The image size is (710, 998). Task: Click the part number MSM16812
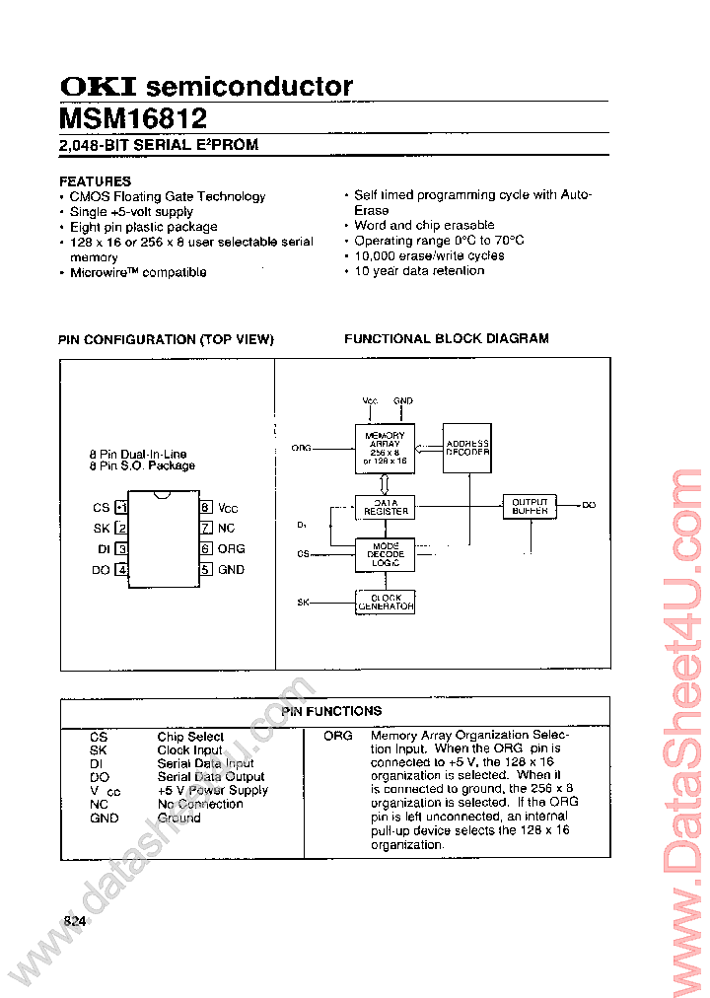(x=133, y=118)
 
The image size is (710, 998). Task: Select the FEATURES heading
(x=95, y=181)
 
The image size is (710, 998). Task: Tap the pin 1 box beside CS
(x=121, y=508)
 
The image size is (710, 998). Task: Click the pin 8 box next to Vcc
(x=205, y=508)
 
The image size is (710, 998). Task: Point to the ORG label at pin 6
(x=232, y=548)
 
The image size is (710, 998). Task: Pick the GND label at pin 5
(x=232, y=569)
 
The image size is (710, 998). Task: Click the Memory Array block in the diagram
(x=385, y=449)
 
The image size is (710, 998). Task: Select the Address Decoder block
(x=466, y=448)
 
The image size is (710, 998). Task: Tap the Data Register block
(x=386, y=507)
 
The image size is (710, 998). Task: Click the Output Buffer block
(x=530, y=506)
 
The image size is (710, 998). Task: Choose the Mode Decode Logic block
(x=385, y=554)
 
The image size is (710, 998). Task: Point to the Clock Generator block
(x=385, y=602)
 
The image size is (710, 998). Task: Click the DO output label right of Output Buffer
(x=589, y=505)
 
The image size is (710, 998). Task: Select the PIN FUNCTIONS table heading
(x=331, y=711)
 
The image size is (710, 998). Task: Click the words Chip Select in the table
(x=190, y=737)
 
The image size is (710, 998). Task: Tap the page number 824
(x=75, y=921)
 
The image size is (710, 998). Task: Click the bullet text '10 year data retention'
(x=419, y=270)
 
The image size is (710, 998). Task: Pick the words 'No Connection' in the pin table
(x=200, y=804)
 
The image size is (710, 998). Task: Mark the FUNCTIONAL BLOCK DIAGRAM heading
(x=446, y=338)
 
